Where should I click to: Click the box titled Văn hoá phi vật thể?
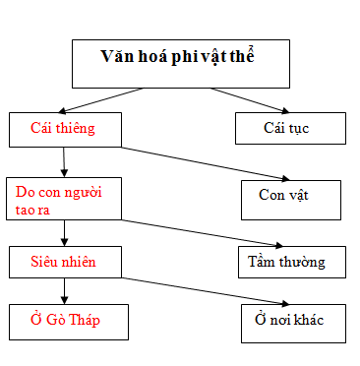click(x=182, y=63)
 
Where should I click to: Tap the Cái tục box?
click(x=290, y=129)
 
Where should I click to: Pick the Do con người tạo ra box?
click(x=64, y=197)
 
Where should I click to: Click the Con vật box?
click(x=291, y=196)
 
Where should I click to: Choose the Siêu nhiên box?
click(x=64, y=262)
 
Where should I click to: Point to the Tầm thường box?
click(x=293, y=262)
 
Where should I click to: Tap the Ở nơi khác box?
click(x=293, y=320)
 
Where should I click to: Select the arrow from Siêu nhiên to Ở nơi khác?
click(x=197, y=290)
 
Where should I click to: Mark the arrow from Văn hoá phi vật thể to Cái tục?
click(x=246, y=98)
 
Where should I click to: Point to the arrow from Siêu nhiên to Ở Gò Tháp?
click(x=64, y=289)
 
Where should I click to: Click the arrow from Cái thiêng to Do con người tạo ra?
click(x=64, y=161)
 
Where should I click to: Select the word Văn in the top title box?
click(x=117, y=55)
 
